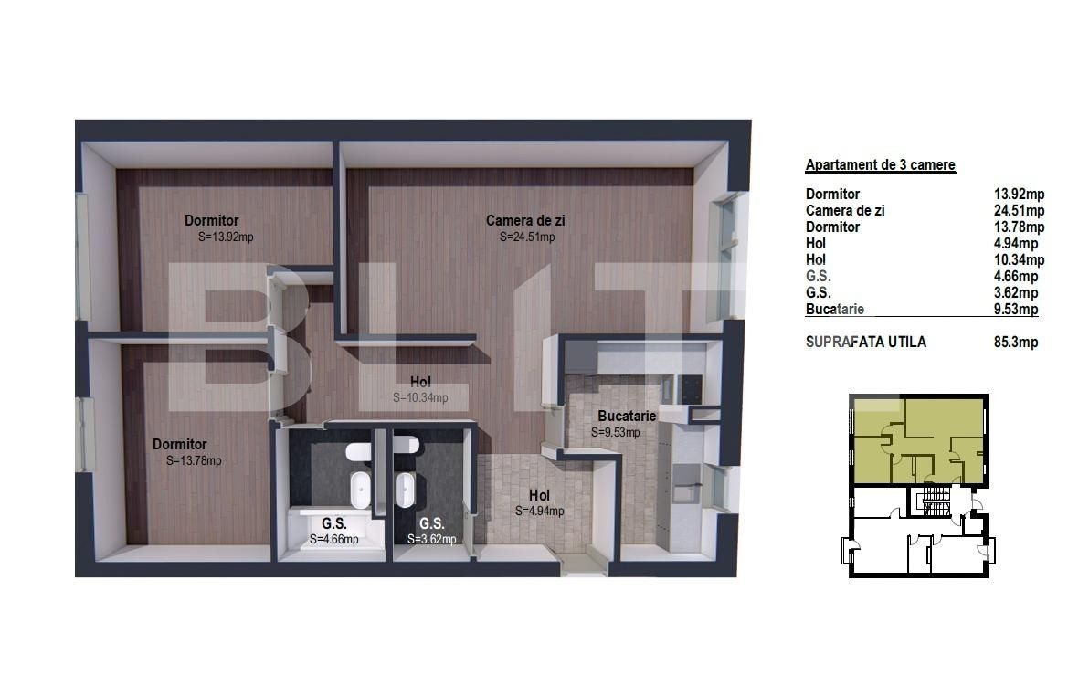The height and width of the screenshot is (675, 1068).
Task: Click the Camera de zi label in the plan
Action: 525,221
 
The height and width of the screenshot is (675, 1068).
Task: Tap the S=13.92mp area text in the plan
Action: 226,237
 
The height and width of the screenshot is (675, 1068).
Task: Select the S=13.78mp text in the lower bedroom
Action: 194,460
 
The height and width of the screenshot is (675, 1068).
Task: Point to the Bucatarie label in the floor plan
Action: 627,416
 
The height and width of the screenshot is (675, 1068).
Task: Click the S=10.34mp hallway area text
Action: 420,397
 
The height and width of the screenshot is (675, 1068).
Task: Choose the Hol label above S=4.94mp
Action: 539,495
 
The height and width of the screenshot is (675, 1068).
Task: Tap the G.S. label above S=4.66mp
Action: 333,523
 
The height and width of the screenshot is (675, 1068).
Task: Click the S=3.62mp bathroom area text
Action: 432,540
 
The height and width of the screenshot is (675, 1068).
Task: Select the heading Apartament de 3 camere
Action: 880,164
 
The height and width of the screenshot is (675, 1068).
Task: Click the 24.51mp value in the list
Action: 1019,210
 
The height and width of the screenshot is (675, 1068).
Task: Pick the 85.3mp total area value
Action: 1016,342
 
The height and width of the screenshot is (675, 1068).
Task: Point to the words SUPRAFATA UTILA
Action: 866,342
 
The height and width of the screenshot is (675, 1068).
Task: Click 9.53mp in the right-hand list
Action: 1016,310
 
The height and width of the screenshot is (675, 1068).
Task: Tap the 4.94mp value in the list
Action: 1016,243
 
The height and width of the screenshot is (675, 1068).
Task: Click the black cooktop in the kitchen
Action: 689,388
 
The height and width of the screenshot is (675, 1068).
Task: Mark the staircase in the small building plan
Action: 935,501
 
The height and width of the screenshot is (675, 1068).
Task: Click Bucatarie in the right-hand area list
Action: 834,310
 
